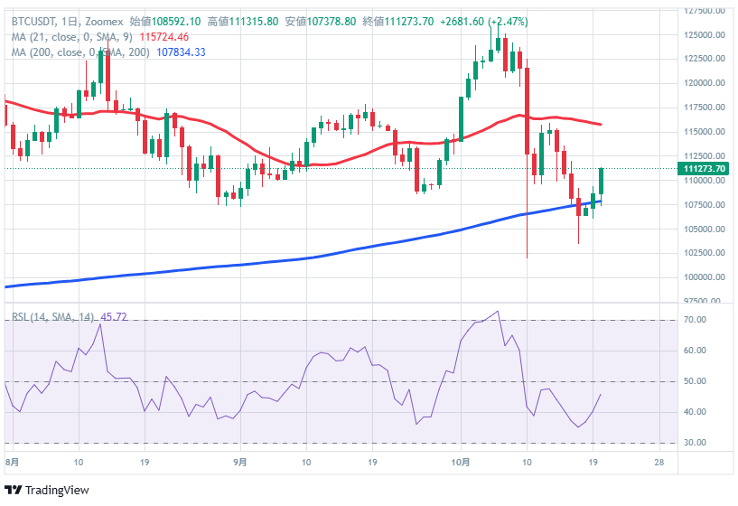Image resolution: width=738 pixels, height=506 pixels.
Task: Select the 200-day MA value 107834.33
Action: tap(182, 52)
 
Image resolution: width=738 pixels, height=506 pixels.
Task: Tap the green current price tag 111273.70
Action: tap(706, 169)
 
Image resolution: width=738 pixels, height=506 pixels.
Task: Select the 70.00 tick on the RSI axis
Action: tap(694, 320)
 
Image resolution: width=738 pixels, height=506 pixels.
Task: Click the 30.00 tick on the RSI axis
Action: tap(694, 443)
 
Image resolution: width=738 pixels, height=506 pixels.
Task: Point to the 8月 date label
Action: tap(11, 461)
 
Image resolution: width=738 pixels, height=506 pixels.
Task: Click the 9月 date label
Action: tap(239, 461)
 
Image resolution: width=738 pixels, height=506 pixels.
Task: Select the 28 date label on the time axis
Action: tap(659, 461)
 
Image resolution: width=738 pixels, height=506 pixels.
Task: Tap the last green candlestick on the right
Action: tap(601, 182)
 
